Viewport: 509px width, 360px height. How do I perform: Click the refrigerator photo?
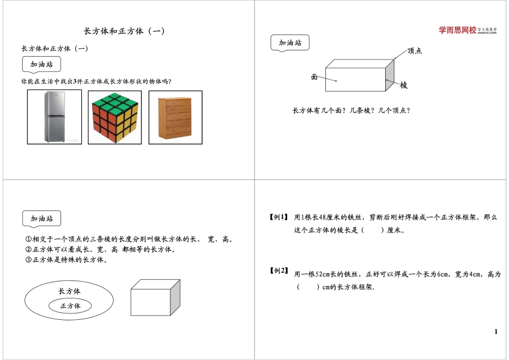tap(55, 117)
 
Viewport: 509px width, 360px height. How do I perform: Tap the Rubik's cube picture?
tap(115, 117)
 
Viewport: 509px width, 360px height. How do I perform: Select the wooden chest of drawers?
tap(175, 117)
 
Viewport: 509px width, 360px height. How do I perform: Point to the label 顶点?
tap(415, 51)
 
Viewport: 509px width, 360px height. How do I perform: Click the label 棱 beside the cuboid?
tap(403, 85)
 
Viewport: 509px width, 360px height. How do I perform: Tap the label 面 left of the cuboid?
tap(315, 77)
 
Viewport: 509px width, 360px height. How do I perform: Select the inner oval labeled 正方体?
tap(70, 306)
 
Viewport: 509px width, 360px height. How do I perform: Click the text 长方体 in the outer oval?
tap(70, 291)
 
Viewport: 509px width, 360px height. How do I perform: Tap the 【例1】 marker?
tap(279, 217)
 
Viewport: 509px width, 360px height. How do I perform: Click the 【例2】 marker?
tap(279, 271)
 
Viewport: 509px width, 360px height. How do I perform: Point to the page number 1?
tap(496, 332)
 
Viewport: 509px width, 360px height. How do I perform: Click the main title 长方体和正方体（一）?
tap(125, 31)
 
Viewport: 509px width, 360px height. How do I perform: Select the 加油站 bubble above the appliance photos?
tap(41, 65)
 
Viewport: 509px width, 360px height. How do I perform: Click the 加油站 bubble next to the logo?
tap(290, 43)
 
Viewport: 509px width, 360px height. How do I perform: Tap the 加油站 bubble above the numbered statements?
tap(41, 219)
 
